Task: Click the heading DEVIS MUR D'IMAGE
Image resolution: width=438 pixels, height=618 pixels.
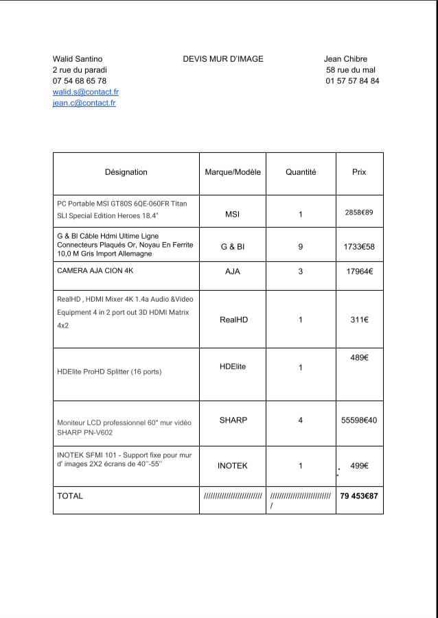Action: pos(222,59)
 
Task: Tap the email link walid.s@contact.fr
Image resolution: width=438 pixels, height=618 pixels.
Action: pos(86,92)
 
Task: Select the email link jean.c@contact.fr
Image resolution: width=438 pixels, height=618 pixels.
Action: pos(84,103)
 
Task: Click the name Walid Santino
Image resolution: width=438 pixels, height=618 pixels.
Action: pos(78,59)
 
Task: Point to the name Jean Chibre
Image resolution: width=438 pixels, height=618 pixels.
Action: pos(345,59)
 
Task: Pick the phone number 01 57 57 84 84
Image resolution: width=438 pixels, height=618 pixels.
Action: pos(352,81)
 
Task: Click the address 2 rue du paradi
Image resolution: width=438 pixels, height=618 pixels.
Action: pos(80,70)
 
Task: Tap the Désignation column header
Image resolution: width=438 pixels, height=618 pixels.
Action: pos(126,172)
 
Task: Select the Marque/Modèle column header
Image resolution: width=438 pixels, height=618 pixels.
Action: pos(233,172)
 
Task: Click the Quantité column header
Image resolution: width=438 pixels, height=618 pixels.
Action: pos(301,172)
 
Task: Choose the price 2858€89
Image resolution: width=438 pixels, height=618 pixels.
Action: pos(358,213)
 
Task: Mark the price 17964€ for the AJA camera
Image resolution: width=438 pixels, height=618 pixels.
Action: pos(359,272)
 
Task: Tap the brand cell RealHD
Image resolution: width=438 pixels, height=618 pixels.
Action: pos(233,320)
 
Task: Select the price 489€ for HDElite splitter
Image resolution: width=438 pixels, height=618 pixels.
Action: pos(359,358)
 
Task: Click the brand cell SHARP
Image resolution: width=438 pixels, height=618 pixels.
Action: pos(233,420)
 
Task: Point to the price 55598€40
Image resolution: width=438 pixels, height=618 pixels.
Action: pos(359,420)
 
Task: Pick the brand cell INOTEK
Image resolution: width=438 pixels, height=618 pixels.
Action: pos(233,466)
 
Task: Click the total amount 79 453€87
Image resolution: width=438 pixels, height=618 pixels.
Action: pos(359,496)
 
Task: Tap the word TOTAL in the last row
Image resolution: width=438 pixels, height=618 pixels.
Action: pos(70,496)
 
